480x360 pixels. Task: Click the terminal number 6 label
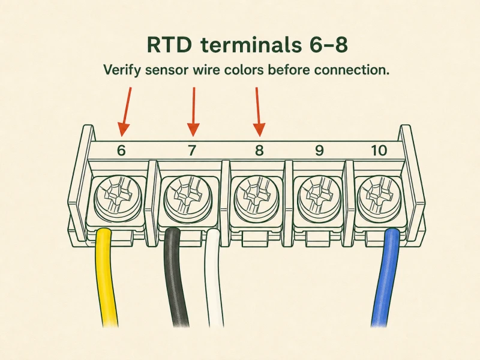coord(122,151)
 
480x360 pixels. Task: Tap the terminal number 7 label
coord(191,151)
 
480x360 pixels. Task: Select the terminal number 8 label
coord(259,151)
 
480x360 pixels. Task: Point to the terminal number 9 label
coord(319,151)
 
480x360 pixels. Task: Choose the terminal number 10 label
coord(379,151)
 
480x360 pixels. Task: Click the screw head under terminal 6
coord(118,196)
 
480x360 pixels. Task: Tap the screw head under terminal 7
coord(188,196)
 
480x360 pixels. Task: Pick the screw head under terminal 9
coord(320,196)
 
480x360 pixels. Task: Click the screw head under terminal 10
coord(380,196)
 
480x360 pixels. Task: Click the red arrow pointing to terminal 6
coord(126,112)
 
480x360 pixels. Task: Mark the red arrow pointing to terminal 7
coord(193,112)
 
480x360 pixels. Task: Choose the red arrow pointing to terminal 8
coord(259,112)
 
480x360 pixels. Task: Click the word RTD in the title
coord(169,44)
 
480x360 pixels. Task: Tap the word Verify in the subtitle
coord(122,70)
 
